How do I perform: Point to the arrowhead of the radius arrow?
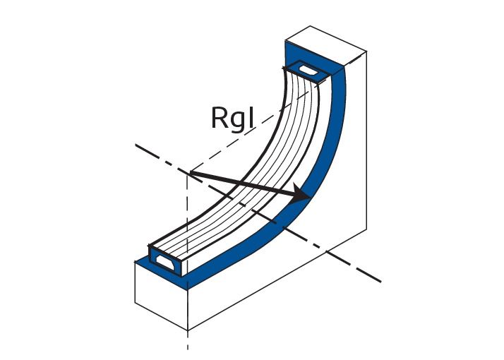(x=304, y=196)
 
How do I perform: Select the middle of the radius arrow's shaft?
(x=247, y=184)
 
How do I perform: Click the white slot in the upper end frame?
(x=309, y=71)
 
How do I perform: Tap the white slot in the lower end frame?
(x=164, y=260)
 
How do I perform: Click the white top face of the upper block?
(x=325, y=40)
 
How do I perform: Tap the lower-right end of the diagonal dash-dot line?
(x=380, y=281)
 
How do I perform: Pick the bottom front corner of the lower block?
(x=188, y=330)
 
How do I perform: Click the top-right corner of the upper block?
(x=366, y=51)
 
